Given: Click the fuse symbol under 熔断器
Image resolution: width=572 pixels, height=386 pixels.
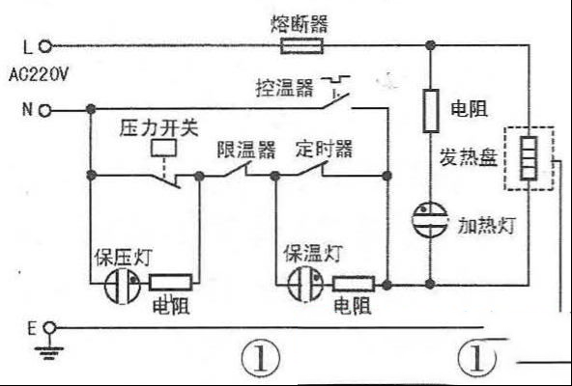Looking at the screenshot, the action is [301, 46].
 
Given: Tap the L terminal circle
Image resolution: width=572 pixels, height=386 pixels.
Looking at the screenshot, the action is [44, 46].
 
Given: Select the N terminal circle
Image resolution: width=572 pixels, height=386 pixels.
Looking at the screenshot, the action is [44, 110].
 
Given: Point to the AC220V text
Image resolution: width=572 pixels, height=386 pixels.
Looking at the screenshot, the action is [39, 75].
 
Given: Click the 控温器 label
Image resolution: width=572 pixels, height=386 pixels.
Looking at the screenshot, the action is [284, 88].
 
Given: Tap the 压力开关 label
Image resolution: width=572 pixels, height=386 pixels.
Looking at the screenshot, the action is [158, 128].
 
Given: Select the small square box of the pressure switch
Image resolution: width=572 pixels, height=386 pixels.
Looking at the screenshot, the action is [163, 148].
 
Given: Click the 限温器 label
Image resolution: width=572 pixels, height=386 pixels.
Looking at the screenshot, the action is [246, 150].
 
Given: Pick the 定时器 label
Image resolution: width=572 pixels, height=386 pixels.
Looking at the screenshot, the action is [325, 149].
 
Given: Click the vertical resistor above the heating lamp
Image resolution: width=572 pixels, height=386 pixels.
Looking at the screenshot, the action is [431, 110].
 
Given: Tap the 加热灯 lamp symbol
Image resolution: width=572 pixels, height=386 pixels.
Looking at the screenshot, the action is [430, 219].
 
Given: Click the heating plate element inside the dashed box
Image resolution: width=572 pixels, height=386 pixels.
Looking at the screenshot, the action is [529, 158].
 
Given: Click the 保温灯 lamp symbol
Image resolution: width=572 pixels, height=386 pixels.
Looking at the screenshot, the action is [305, 285].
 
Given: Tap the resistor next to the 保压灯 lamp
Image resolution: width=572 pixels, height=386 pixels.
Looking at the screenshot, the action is [170, 283].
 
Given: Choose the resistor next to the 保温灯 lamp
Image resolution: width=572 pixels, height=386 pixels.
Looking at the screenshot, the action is [353, 284].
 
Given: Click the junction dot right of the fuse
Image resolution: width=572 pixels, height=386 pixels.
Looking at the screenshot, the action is [431, 45].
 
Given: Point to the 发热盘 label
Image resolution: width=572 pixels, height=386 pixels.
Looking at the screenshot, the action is [469, 157].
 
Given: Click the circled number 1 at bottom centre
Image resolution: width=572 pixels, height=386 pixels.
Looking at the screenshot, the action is [261, 357].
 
